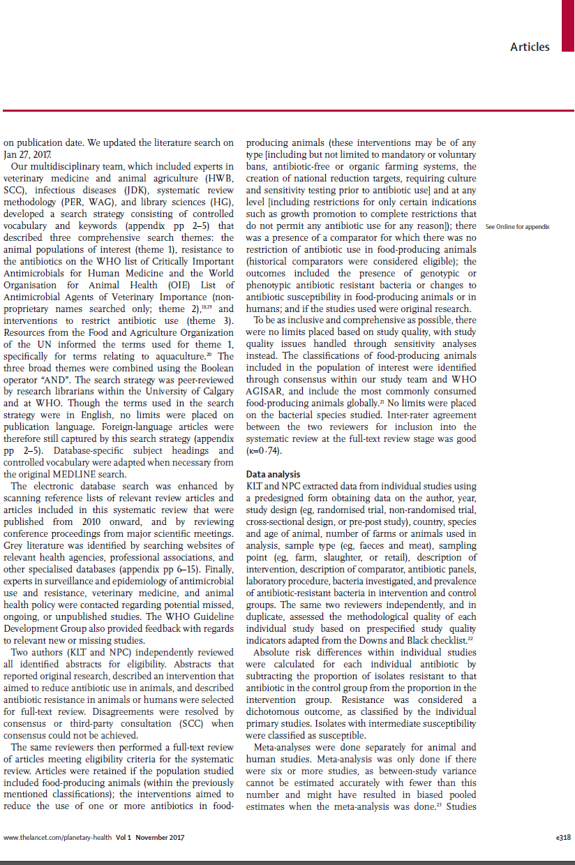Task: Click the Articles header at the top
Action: [530, 47]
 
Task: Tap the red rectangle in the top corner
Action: [567, 22]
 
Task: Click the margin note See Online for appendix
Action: [517, 227]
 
